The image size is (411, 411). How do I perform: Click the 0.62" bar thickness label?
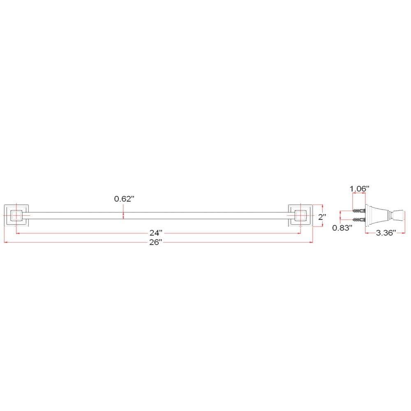(125, 199)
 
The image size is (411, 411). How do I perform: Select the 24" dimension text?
(156, 233)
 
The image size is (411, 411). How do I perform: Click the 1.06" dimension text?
(360, 189)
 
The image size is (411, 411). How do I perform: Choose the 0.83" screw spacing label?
(342, 228)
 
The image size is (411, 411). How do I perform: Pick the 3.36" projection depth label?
(385, 233)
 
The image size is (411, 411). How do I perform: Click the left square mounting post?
(16, 215)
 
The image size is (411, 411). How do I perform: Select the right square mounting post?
(300, 215)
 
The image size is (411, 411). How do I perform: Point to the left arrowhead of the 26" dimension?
(5, 242)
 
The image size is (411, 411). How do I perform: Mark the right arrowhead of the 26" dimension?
(311, 242)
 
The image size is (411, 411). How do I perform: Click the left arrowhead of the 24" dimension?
(17, 233)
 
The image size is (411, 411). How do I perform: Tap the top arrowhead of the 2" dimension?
(324, 205)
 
